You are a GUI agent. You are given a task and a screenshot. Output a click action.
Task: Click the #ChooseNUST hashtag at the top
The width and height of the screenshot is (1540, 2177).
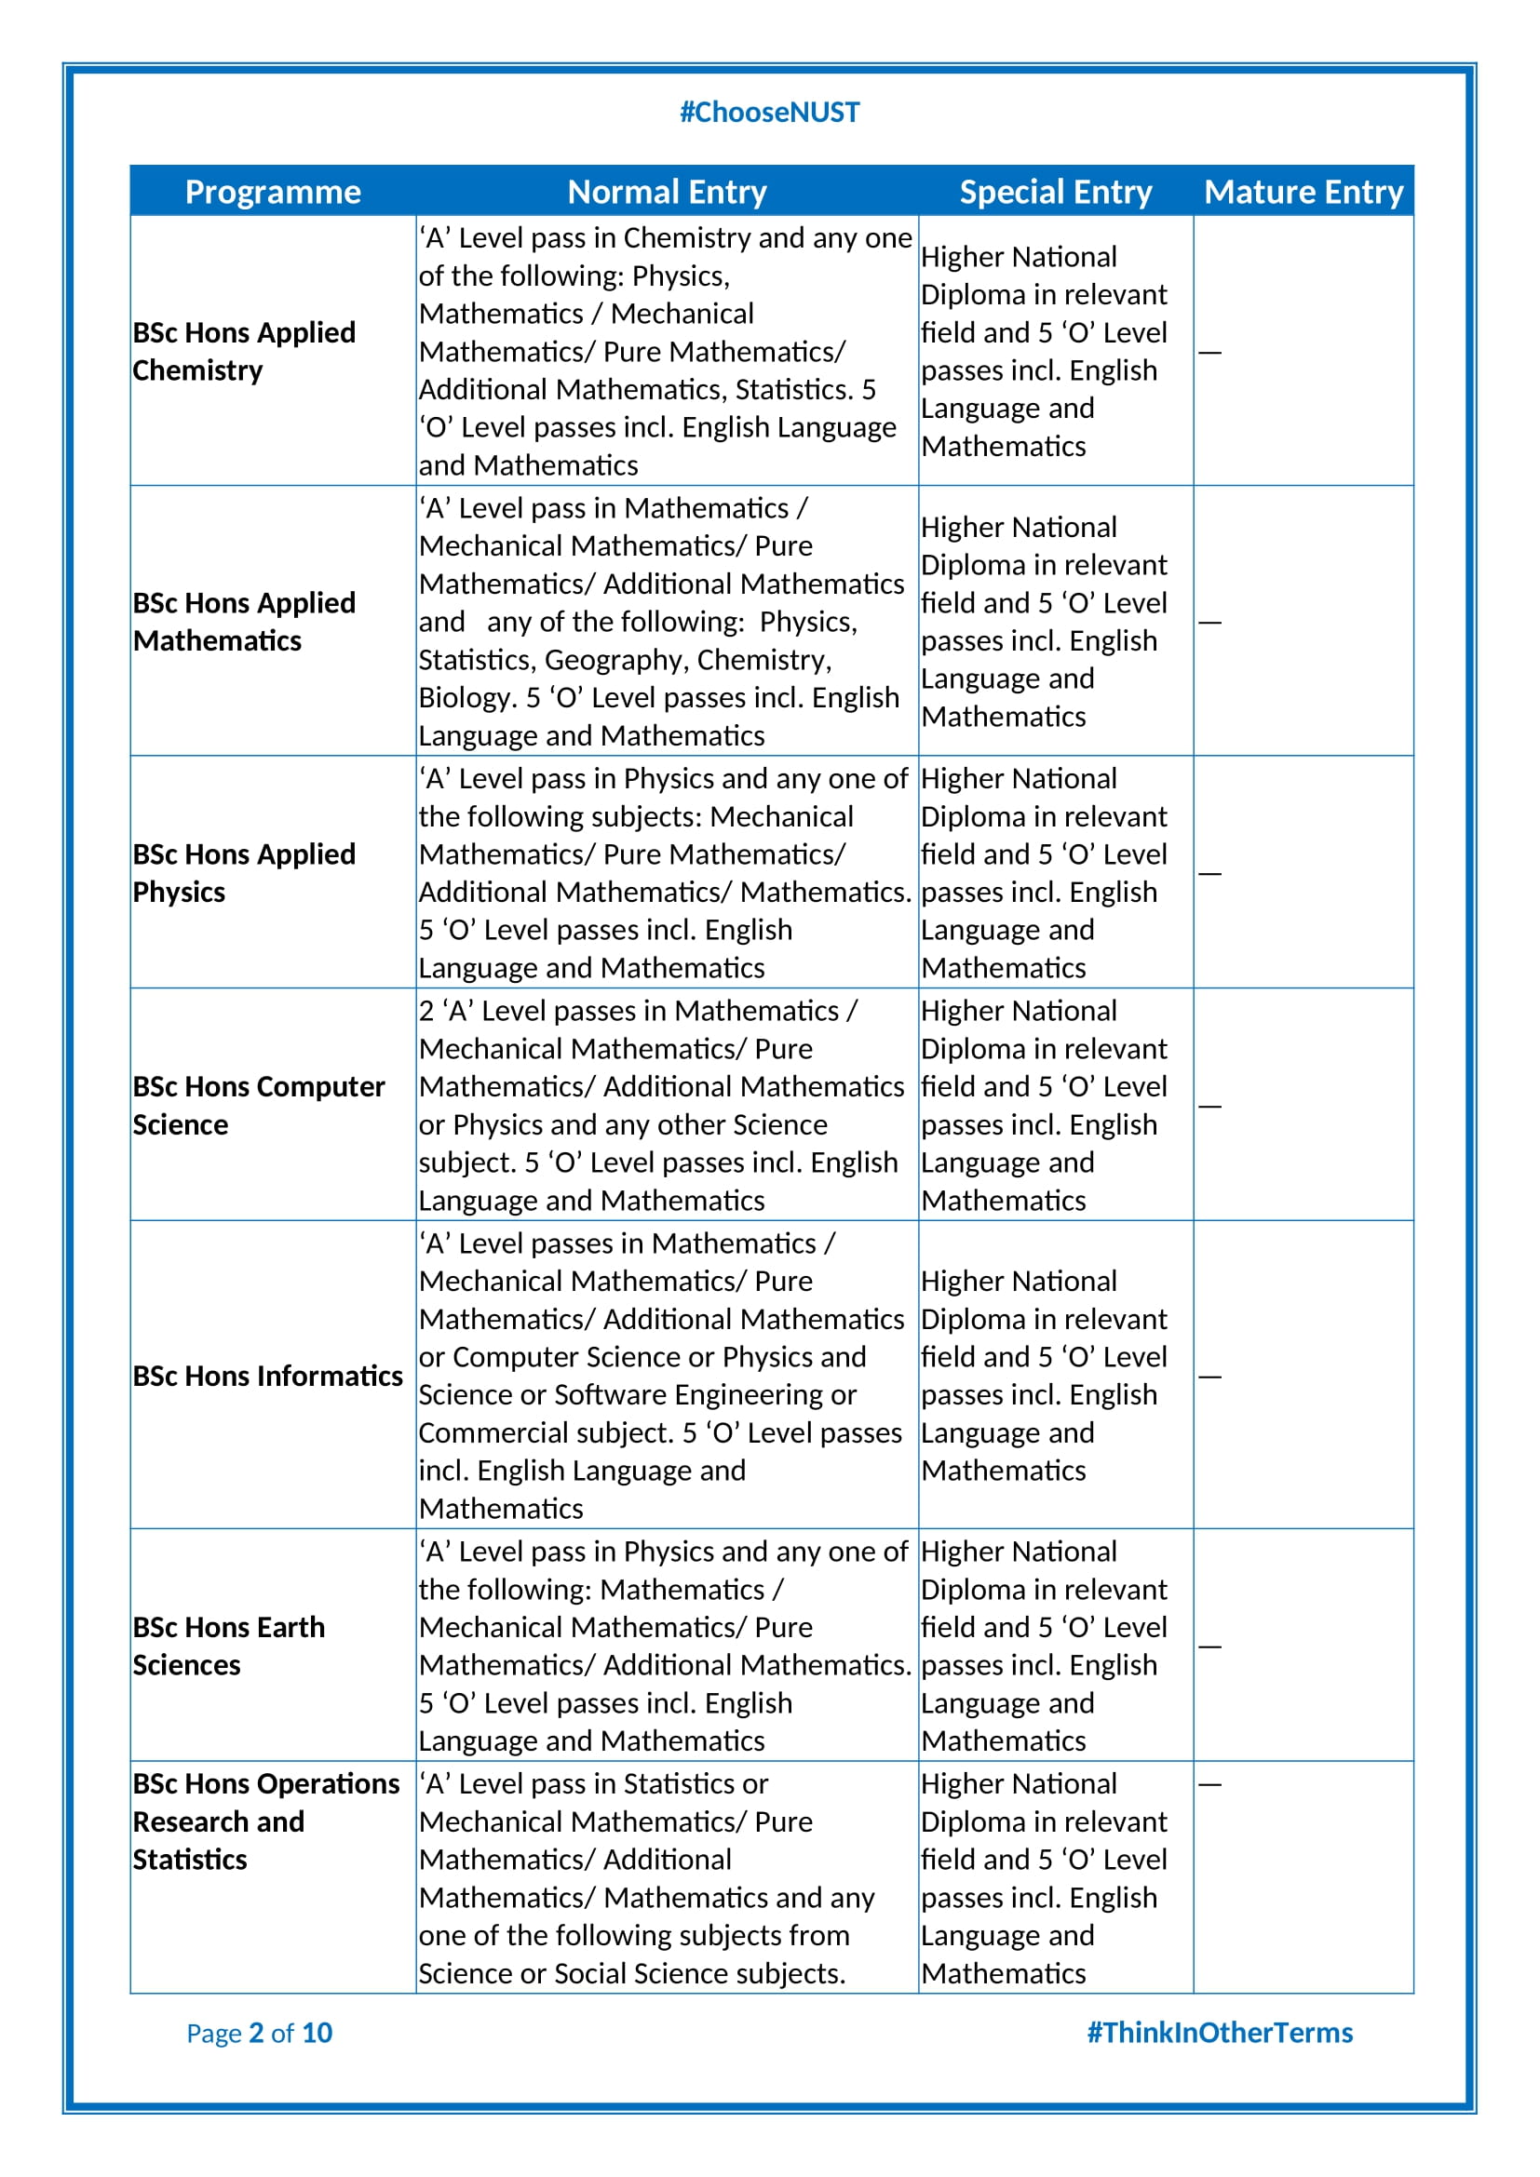point(769,112)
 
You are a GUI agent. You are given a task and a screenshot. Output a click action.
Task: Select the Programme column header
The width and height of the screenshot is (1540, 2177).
point(272,192)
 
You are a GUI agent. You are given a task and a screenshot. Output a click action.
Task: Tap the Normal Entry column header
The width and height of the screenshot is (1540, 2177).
point(667,192)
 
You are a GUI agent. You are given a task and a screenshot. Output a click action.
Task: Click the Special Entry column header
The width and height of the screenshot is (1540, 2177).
point(1055,192)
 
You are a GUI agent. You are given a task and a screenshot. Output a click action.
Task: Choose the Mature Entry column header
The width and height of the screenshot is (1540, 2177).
point(1303,192)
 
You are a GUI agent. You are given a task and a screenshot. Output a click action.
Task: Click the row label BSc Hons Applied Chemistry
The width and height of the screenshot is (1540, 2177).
point(244,351)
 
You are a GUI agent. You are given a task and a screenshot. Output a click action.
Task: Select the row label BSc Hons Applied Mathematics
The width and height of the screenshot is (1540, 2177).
point(244,621)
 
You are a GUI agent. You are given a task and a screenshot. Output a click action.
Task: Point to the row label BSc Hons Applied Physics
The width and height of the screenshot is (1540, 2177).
point(244,872)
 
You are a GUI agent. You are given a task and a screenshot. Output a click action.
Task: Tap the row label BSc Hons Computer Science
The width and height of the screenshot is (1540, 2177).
point(258,1105)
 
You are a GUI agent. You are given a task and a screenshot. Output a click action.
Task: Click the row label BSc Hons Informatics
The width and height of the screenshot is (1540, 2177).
point(267,1376)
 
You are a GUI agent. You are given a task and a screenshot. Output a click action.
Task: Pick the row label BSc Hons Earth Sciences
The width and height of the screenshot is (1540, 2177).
point(228,1646)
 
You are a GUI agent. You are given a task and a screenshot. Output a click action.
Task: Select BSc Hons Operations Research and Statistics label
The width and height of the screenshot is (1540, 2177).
point(265,1821)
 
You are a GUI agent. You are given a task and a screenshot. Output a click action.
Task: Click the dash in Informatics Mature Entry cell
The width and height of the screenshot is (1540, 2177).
point(1209,1377)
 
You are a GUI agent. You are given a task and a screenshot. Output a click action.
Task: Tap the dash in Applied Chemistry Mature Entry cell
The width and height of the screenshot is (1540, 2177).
point(1209,353)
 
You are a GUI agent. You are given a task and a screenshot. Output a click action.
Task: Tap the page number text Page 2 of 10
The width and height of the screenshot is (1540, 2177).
point(259,2033)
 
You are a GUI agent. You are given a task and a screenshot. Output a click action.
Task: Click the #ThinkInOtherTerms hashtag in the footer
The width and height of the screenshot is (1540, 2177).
point(1219,2033)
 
